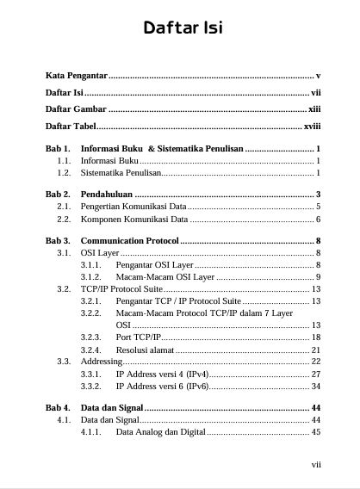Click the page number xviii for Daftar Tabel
click(312, 126)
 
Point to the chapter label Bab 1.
click(57, 149)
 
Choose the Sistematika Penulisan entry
click(121, 173)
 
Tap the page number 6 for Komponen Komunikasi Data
click(318, 219)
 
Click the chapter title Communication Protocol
click(129, 240)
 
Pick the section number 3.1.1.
click(91, 265)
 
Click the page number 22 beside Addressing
click(316, 362)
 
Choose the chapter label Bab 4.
click(57, 407)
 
